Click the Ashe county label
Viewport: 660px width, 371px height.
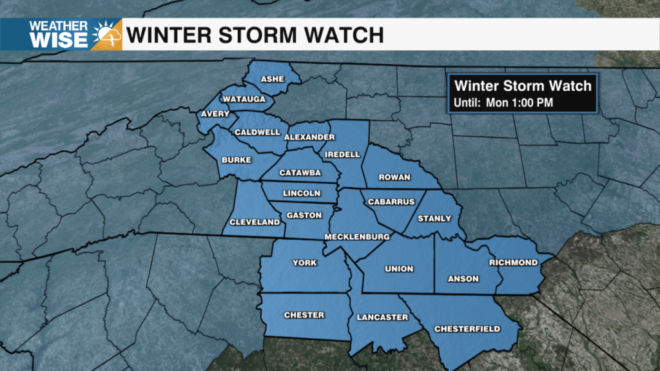(272, 79)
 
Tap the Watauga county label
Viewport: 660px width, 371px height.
(240, 99)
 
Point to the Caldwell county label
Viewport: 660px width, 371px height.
(257, 132)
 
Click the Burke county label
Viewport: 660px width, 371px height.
(236, 159)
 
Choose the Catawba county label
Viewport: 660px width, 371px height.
(300, 173)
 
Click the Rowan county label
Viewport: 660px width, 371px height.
(394, 177)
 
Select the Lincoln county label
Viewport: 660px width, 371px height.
(302, 193)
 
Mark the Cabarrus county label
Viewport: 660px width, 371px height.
(391, 202)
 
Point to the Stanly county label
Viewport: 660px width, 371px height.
(434, 218)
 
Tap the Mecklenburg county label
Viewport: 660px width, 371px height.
(356, 237)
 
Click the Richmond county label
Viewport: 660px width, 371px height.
(513, 262)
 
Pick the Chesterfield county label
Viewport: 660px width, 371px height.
(467, 329)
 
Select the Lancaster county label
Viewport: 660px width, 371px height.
(382, 317)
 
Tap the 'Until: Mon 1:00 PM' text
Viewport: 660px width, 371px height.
(503, 102)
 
